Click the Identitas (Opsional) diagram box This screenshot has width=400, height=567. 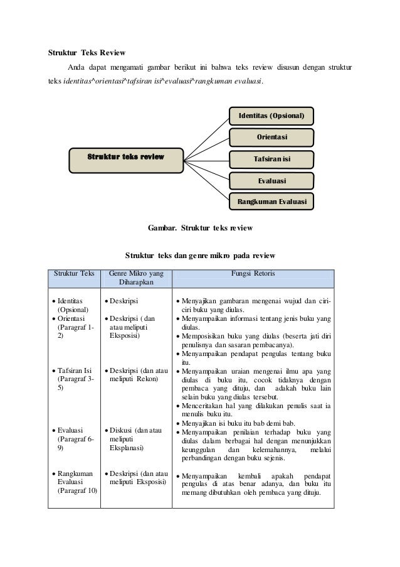[271, 116]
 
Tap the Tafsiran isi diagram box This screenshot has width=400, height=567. [271, 159]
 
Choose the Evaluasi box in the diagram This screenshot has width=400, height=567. [271, 181]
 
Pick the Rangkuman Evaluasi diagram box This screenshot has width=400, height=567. [271, 202]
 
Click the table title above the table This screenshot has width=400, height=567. [199, 256]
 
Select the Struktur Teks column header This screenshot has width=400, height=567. [74, 274]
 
